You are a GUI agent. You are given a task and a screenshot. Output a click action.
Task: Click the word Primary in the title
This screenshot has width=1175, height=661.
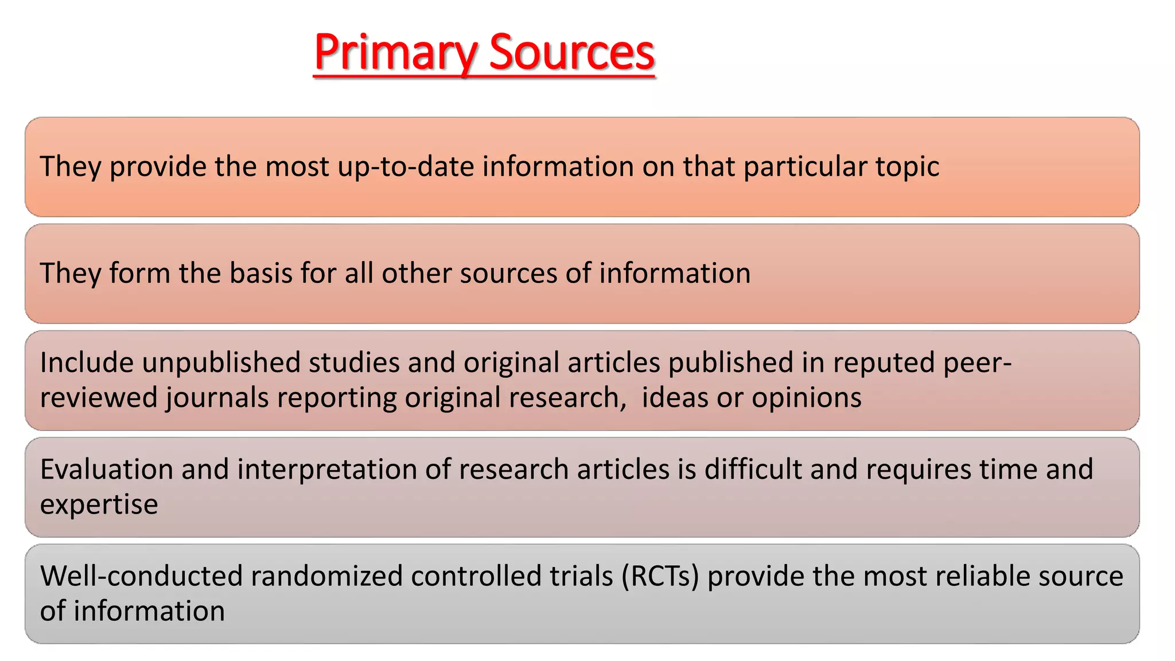click(395, 53)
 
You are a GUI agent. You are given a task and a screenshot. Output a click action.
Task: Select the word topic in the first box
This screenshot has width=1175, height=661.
click(907, 167)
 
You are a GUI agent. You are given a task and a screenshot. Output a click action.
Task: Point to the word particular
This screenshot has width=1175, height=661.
click(806, 167)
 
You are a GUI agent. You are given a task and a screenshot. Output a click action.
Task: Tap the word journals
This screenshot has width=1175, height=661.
click(217, 398)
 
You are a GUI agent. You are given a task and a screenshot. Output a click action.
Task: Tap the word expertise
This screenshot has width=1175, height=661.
click(99, 504)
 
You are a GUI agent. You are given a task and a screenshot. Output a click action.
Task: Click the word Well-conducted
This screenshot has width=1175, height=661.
click(141, 576)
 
